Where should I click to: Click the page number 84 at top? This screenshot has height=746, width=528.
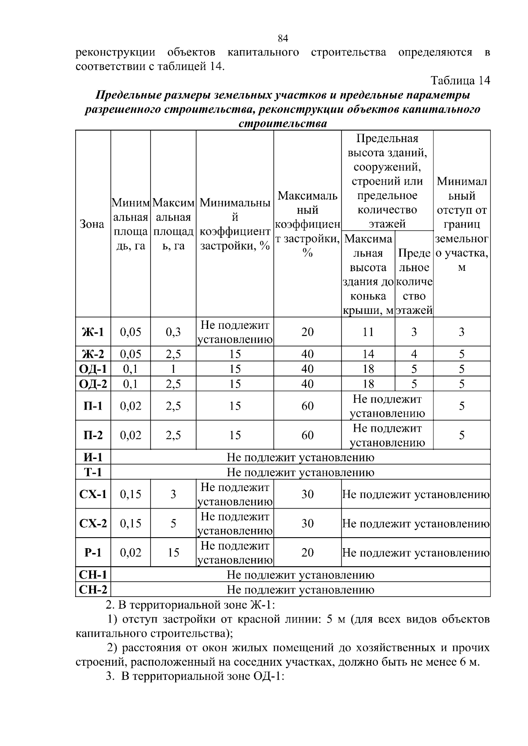(283, 39)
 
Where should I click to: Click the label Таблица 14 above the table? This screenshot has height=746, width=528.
(460, 81)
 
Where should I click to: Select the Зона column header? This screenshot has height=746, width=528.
(92, 224)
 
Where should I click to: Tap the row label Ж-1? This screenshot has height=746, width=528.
(93, 332)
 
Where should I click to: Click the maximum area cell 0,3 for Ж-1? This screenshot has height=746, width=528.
(173, 332)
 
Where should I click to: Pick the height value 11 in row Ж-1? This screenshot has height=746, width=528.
(368, 332)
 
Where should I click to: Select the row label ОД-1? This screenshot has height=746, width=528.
(93, 369)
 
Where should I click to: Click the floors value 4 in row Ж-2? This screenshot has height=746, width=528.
(414, 354)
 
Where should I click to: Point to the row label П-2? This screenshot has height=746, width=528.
(93, 435)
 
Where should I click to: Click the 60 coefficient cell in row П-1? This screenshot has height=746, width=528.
(307, 406)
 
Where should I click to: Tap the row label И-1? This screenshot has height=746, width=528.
(93, 458)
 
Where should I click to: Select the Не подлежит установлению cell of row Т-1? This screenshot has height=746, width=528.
(300, 473)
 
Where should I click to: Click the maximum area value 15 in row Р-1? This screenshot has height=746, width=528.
(173, 553)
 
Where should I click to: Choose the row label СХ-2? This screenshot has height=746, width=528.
(93, 524)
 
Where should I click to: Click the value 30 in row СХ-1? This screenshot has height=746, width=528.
(307, 494)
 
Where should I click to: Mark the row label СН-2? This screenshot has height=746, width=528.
(93, 590)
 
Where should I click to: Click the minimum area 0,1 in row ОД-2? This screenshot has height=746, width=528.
(131, 384)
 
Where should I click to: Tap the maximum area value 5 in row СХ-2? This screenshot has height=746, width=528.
(173, 524)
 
